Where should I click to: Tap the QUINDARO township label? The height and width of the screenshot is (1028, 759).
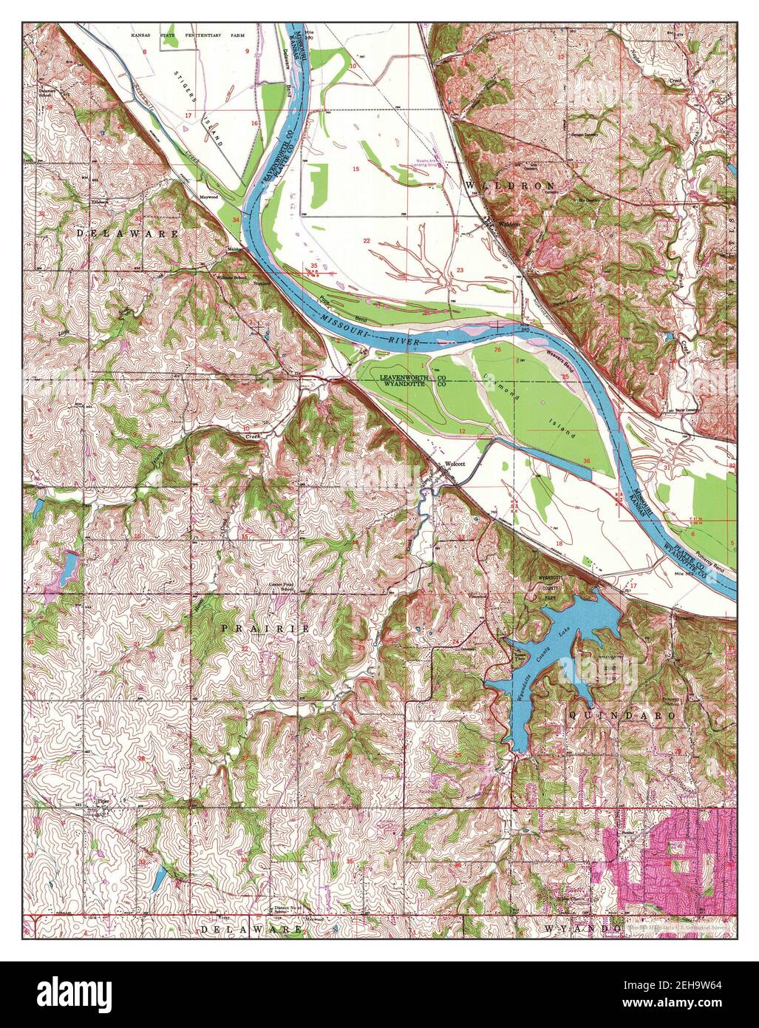[x=622, y=716]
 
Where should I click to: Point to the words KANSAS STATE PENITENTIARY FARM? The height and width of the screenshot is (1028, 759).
[x=188, y=35]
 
